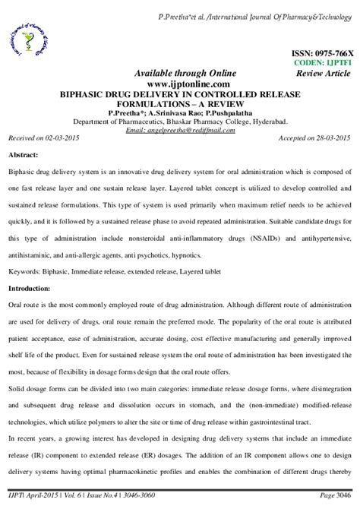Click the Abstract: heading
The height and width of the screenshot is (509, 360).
[x=24, y=156]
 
